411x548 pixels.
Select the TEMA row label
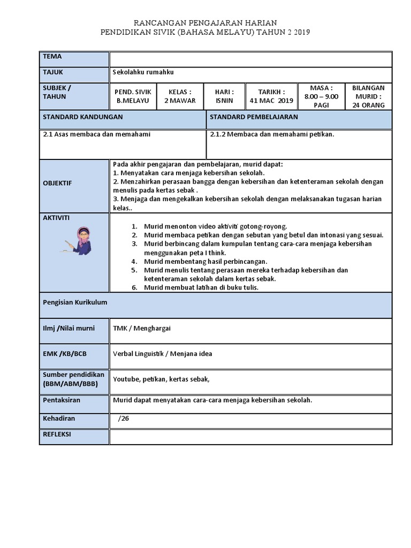(x=52, y=57)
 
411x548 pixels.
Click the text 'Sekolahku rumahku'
(x=143, y=72)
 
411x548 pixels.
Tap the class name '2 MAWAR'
(x=180, y=101)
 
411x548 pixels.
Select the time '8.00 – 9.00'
(x=321, y=96)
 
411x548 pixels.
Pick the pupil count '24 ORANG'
(x=369, y=105)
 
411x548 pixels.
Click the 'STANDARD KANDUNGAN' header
(x=83, y=117)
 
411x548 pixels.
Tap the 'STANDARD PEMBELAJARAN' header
(x=254, y=117)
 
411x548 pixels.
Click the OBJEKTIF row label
(x=57, y=183)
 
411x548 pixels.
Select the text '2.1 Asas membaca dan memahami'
(x=97, y=134)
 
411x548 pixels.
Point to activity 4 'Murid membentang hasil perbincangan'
(x=205, y=261)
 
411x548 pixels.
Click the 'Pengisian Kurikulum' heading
(x=75, y=302)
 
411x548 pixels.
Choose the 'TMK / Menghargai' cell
(x=142, y=328)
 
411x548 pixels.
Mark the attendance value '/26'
(x=124, y=418)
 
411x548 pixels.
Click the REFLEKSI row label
(x=57, y=435)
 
